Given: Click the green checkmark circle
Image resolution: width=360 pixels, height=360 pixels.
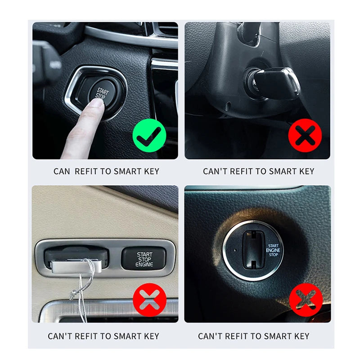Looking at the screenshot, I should click(149, 135).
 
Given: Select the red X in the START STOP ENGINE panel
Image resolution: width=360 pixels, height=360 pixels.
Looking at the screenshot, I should click(149, 300).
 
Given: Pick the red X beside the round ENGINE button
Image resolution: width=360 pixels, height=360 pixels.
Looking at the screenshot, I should click(306, 300).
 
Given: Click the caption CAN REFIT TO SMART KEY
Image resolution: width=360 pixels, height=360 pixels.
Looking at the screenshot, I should click(106, 171).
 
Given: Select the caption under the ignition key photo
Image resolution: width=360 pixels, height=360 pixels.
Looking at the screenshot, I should click(258, 171).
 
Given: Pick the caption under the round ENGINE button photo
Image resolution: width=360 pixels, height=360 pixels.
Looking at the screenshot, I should click(254, 336).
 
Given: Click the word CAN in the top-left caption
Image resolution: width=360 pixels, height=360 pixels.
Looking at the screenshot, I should click(62, 171).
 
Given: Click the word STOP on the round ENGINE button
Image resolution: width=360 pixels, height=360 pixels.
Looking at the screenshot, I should click(273, 255).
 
